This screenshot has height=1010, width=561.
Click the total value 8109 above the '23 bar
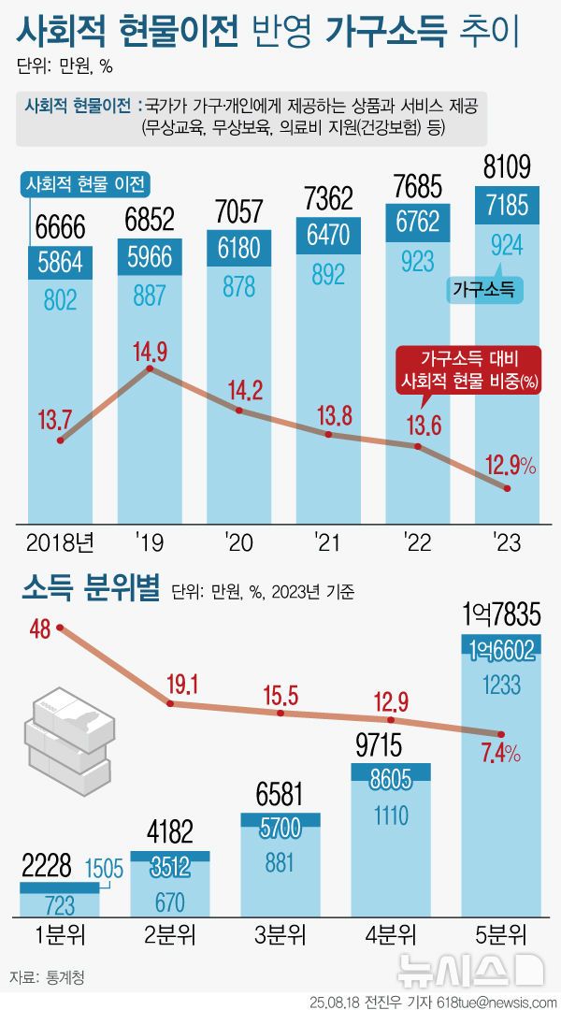click(x=508, y=167)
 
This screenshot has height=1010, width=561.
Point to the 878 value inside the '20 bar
click(x=239, y=288)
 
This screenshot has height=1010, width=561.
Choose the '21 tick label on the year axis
click(x=327, y=541)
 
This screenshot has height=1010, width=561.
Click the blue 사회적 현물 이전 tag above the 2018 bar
click(x=90, y=182)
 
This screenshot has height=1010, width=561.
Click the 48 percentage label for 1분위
click(x=39, y=629)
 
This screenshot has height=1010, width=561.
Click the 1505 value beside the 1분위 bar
click(x=103, y=870)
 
